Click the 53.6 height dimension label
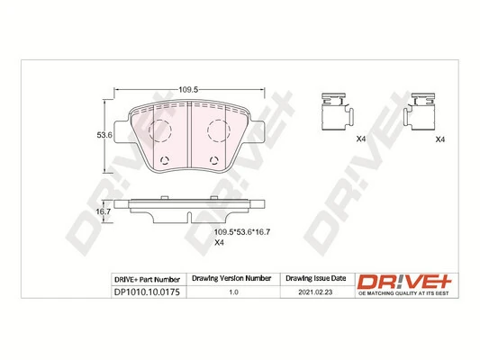pyautogui.click(x=104, y=136)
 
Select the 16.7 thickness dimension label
pyautogui.click(x=104, y=211)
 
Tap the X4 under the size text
pyautogui.click(x=219, y=243)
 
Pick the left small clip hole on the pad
pyautogui.click(x=164, y=162)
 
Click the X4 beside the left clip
pyautogui.click(x=360, y=139)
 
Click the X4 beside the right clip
pyautogui.click(x=439, y=139)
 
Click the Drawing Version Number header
pyautogui.click(x=232, y=279)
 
